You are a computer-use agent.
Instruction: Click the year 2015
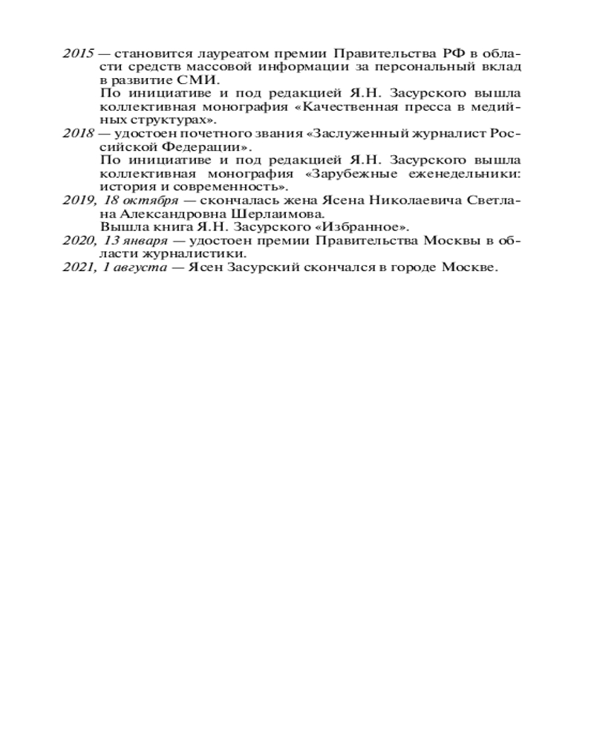[x=77, y=54]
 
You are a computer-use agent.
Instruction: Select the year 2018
[x=77, y=134]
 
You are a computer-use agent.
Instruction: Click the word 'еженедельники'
[x=465, y=175]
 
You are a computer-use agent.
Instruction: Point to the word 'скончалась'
[x=227, y=201]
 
